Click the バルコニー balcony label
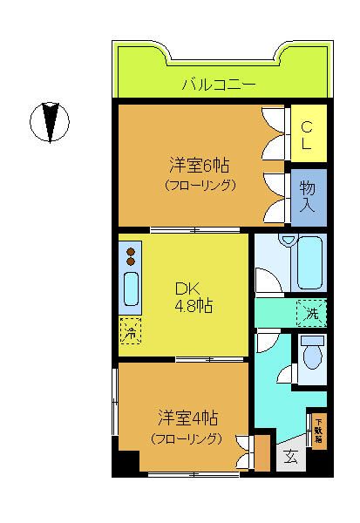219,85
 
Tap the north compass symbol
51,122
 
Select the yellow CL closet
309,132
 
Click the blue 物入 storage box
309,196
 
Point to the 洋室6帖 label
194,164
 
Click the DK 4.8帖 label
193,297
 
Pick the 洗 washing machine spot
310,311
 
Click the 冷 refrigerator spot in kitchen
130,330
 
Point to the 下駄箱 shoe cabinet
319,430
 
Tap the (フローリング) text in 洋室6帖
200,185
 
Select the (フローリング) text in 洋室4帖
185,438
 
